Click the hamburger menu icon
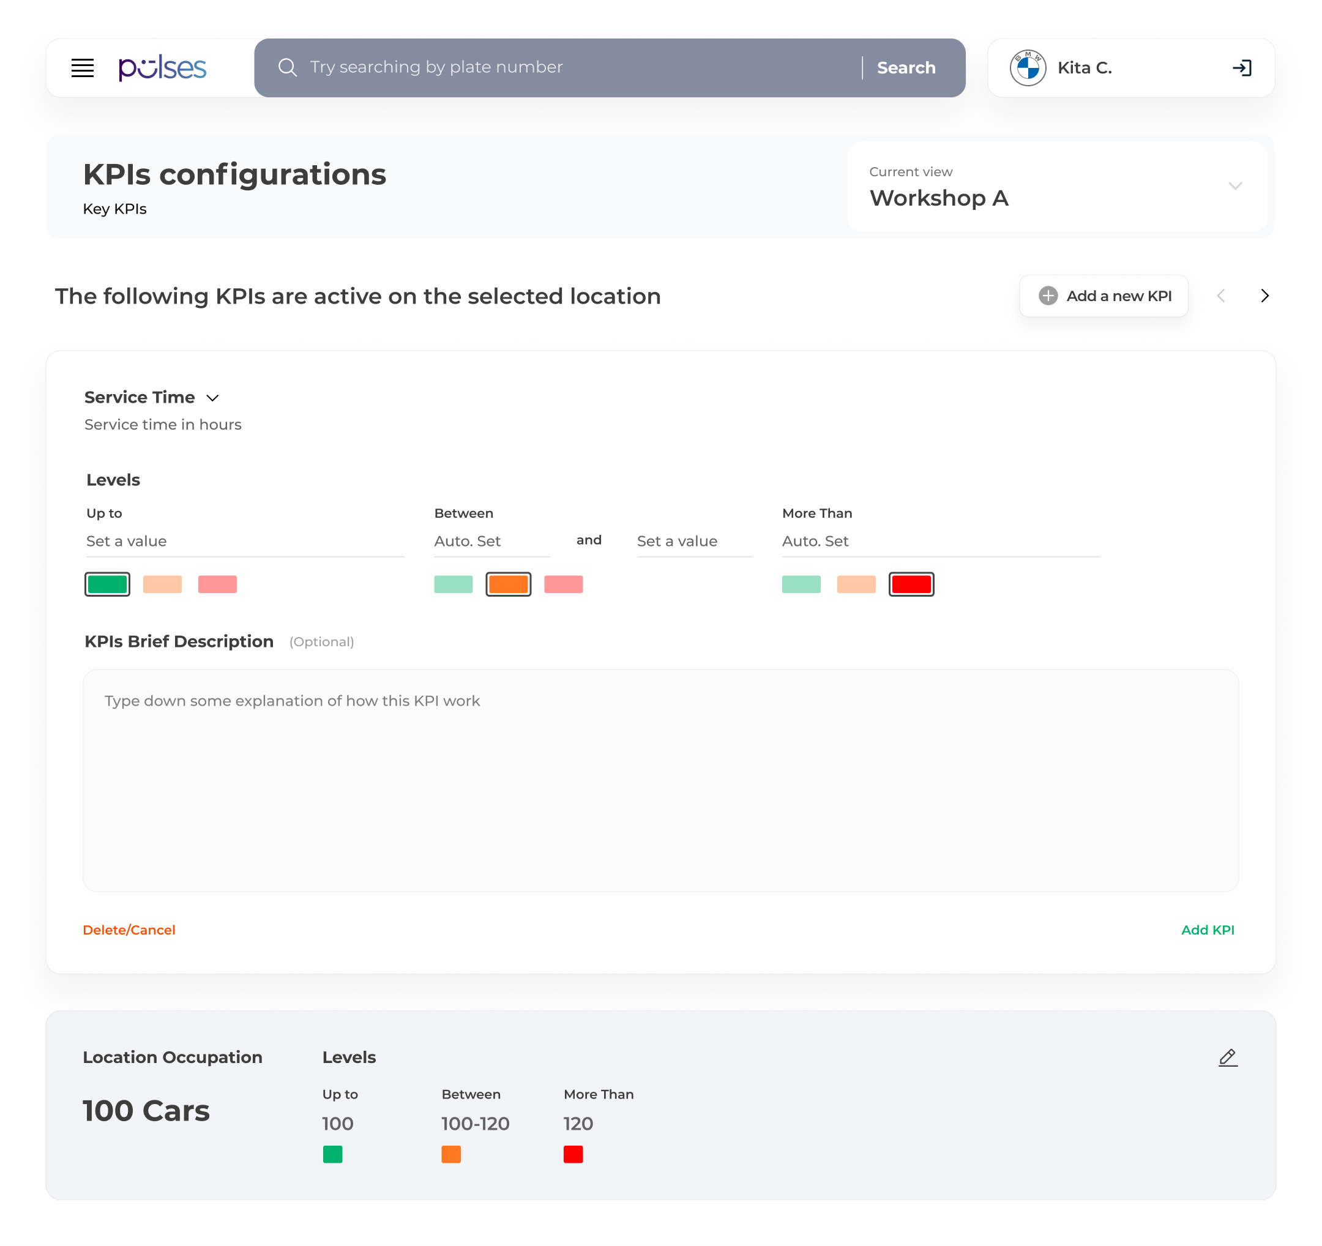coord(83,68)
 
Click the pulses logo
coord(162,68)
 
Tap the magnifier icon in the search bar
coord(287,67)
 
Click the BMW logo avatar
coord(1028,68)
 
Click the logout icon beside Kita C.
coord(1242,68)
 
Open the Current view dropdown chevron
coord(1235,186)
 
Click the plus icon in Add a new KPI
coord(1048,296)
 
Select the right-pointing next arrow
coord(1265,296)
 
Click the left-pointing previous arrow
coord(1221,296)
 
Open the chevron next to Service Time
coord(213,398)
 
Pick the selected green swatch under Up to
coord(107,584)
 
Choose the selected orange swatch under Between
coord(508,584)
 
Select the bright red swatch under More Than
coord(911,584)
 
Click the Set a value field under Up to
coord(245,541)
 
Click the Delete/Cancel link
coord(129,930)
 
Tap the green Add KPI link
coord(1208,930)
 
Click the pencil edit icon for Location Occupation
coord(1228,1057)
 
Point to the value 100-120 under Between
coord(476,1124)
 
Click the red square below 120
coord(573,1154)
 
